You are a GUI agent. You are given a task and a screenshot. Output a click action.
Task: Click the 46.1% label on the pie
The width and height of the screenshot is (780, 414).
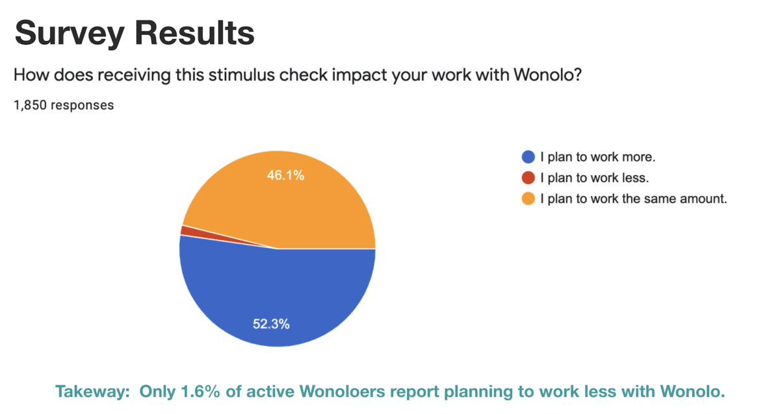[285, 175]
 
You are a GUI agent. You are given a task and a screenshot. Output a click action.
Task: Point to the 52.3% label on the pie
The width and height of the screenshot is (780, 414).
[271, 324]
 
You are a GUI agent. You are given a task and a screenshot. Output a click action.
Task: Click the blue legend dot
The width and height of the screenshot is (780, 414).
[528, 156]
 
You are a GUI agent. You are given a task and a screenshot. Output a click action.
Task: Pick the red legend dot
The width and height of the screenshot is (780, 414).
[528, 177]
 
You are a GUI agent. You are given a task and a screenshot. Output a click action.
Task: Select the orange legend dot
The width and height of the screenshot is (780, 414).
[528, 199]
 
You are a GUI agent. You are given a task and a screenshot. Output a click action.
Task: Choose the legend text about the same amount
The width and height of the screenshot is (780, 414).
[633, 199]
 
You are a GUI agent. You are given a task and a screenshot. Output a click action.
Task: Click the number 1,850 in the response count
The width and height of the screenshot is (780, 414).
[30, 104]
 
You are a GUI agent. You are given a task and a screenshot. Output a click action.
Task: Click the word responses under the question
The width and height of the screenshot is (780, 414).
[83, 104]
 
